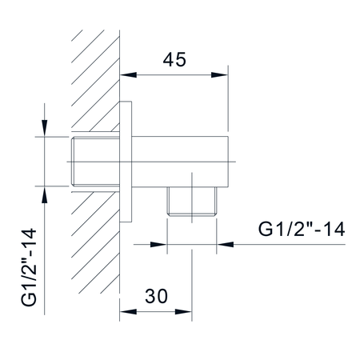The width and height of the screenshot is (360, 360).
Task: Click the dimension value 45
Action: coord(174,59)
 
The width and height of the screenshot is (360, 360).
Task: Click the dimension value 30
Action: coord(156,296)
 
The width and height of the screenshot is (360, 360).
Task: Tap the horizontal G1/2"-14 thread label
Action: coord(302,229)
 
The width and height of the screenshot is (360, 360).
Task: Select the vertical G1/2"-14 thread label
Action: coord(29,267)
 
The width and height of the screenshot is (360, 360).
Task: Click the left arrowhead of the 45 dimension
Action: coord(128,75)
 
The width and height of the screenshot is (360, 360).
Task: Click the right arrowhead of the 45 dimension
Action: coord(219,75)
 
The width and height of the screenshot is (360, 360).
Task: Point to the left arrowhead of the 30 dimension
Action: coord(128,311)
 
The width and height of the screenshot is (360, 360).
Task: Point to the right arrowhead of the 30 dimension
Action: coord(183,311)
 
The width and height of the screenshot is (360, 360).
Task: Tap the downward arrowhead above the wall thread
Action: coord(45,128)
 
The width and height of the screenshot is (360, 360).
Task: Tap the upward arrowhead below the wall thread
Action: coord(45,194)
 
